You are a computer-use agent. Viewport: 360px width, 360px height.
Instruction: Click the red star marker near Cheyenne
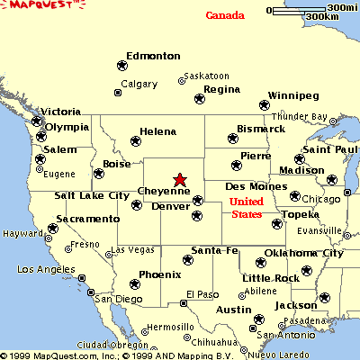click(x=180, y=180)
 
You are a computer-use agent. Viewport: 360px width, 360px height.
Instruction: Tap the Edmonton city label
click(x=153, y=56)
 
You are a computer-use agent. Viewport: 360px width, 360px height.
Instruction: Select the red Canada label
click(x=224, y=15)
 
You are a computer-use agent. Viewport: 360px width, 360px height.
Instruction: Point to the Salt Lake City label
click(x=92, y=195)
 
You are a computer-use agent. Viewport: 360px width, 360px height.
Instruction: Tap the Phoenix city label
click(x=160, y=274)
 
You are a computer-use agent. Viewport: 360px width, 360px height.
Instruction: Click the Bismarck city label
click(x=260, y=129)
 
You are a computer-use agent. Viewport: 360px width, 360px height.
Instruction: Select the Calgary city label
click(x=139, y=84)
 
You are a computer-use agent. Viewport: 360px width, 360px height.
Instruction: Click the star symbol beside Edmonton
click(x=121, y=65)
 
